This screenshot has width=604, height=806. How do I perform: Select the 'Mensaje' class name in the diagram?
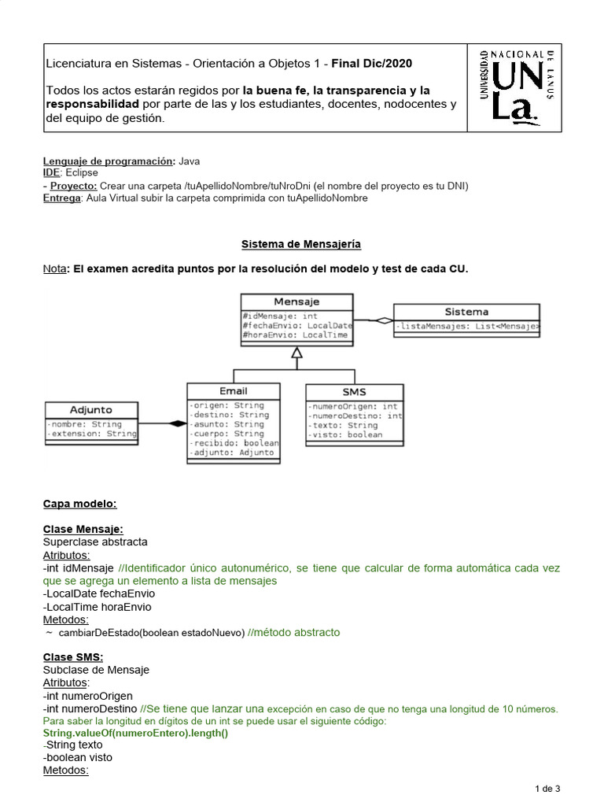(296, 301)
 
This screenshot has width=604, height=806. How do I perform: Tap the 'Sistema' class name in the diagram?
(466, 312)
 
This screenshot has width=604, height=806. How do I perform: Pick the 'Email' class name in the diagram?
(233, 390)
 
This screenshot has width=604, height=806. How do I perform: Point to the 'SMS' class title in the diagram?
(354, 392)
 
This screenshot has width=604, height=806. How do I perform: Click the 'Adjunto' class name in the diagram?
(91, 409)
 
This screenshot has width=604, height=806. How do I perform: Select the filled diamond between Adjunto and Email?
(178, 423)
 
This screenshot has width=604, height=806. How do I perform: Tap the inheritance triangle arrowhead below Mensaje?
(296, 353)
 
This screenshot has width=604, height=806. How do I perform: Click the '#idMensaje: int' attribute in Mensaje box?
(280, 316)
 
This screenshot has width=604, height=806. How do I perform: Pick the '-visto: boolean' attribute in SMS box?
(345, 434)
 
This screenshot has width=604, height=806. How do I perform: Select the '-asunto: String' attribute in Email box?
(227, 424)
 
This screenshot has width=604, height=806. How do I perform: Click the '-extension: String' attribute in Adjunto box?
(91, 433)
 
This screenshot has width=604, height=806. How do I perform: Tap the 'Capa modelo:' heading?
(79, 504)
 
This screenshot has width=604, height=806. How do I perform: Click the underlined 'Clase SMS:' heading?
(73, 657)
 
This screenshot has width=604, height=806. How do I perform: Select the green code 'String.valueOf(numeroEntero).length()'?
(135, 733)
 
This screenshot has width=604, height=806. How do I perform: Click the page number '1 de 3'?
(547, 788)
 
